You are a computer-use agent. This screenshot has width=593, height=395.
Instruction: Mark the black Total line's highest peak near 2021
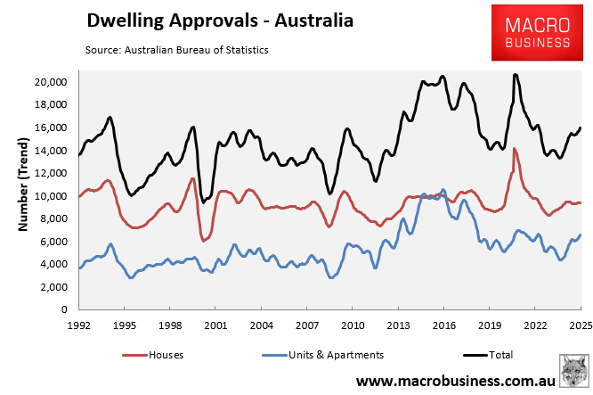[515, 75]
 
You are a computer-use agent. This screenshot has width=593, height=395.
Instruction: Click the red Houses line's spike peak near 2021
[515, 149]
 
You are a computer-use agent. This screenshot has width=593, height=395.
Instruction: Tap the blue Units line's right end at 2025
[581, 235]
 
